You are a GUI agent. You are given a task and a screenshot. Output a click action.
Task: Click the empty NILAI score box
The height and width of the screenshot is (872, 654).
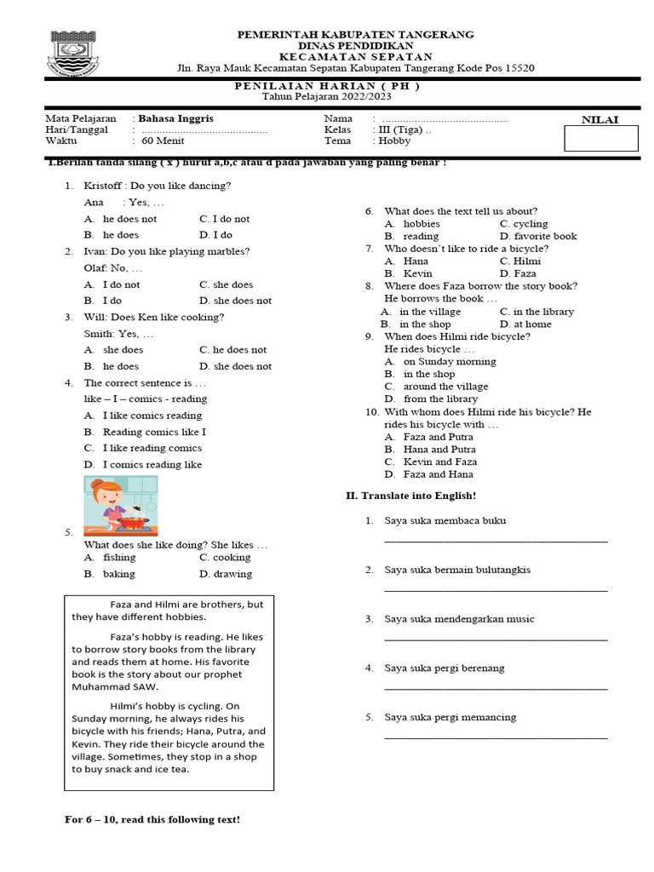coord(600,138)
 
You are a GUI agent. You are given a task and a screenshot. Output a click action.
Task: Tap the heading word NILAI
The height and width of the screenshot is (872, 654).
coord(599,119)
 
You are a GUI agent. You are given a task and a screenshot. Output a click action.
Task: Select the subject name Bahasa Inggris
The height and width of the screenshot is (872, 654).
coord(175,118)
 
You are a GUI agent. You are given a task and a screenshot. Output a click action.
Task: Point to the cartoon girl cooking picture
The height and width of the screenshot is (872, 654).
coord(120,503)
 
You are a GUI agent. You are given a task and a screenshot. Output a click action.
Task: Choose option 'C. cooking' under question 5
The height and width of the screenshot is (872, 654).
coord(225,558)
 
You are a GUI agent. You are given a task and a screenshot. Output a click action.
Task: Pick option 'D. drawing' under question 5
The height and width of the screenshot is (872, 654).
coord(226,574)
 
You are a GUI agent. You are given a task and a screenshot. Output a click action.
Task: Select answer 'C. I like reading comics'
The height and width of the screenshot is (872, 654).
coord(143,448)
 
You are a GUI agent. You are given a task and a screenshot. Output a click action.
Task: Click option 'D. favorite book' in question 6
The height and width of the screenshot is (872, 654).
coord(538,236)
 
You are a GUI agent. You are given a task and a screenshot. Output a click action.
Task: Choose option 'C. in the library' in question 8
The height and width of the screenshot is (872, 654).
coord(536,312)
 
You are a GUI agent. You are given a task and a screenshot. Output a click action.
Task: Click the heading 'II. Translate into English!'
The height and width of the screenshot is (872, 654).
coord(410,496)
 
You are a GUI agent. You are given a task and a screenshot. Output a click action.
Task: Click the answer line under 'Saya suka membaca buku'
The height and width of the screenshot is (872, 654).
coord(496,541)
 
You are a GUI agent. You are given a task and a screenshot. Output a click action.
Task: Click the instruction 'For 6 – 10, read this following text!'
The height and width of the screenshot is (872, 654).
coord(152,819)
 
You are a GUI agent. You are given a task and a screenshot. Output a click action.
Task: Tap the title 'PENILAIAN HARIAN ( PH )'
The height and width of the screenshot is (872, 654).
coord(327,86)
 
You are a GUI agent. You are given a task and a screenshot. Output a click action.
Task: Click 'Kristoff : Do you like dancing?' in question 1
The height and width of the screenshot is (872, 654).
coord(158,186)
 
